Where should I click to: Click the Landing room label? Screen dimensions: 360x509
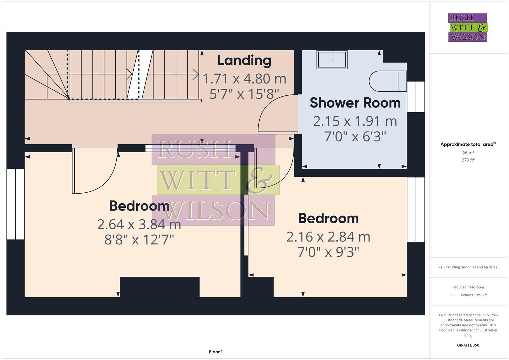click(x=244, y=60)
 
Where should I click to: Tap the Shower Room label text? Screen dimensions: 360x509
click(x=355, y=103)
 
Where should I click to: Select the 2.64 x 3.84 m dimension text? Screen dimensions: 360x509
click(x=139, y=224)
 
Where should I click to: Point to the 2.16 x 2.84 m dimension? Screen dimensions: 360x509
click(x=328, y=237)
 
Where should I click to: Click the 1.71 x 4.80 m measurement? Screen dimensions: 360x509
click(x=244, y=79)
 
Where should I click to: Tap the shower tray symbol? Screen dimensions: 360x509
click(x=332, y=60)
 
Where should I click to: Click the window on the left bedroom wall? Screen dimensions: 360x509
click(x=15, y=204)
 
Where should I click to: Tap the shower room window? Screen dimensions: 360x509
click(x=416, y=97)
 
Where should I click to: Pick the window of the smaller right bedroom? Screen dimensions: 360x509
click(x=416, y=210)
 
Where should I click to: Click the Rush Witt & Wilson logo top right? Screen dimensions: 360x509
click(x=467, y=28)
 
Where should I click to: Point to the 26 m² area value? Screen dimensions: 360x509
click(x=468, y=153)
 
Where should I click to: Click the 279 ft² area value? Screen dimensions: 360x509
click(x=468, y=160)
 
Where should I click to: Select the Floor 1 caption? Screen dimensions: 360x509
click(x=216, y=352)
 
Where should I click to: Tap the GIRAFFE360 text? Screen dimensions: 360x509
click(x=468, y=345)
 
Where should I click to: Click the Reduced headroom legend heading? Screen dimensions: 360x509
click(x=468, y=287)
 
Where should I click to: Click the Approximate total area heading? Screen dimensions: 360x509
click(x=468, y=144)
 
